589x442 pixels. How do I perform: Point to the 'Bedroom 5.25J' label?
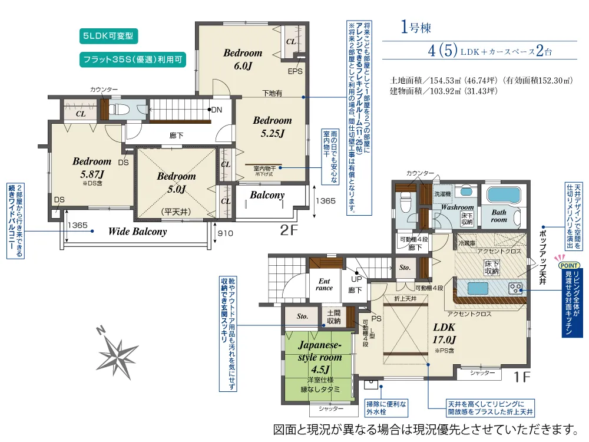[272, 127]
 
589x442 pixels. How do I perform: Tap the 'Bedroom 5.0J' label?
[176, 182]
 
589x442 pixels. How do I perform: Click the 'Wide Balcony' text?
[137, 232]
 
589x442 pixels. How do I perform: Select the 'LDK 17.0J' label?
[444, 332]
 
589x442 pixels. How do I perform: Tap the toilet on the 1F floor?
[406, 203]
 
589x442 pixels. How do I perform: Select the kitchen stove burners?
[515, 288]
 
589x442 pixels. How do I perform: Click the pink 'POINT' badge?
[573, 265]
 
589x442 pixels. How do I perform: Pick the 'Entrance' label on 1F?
[324, 284]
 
